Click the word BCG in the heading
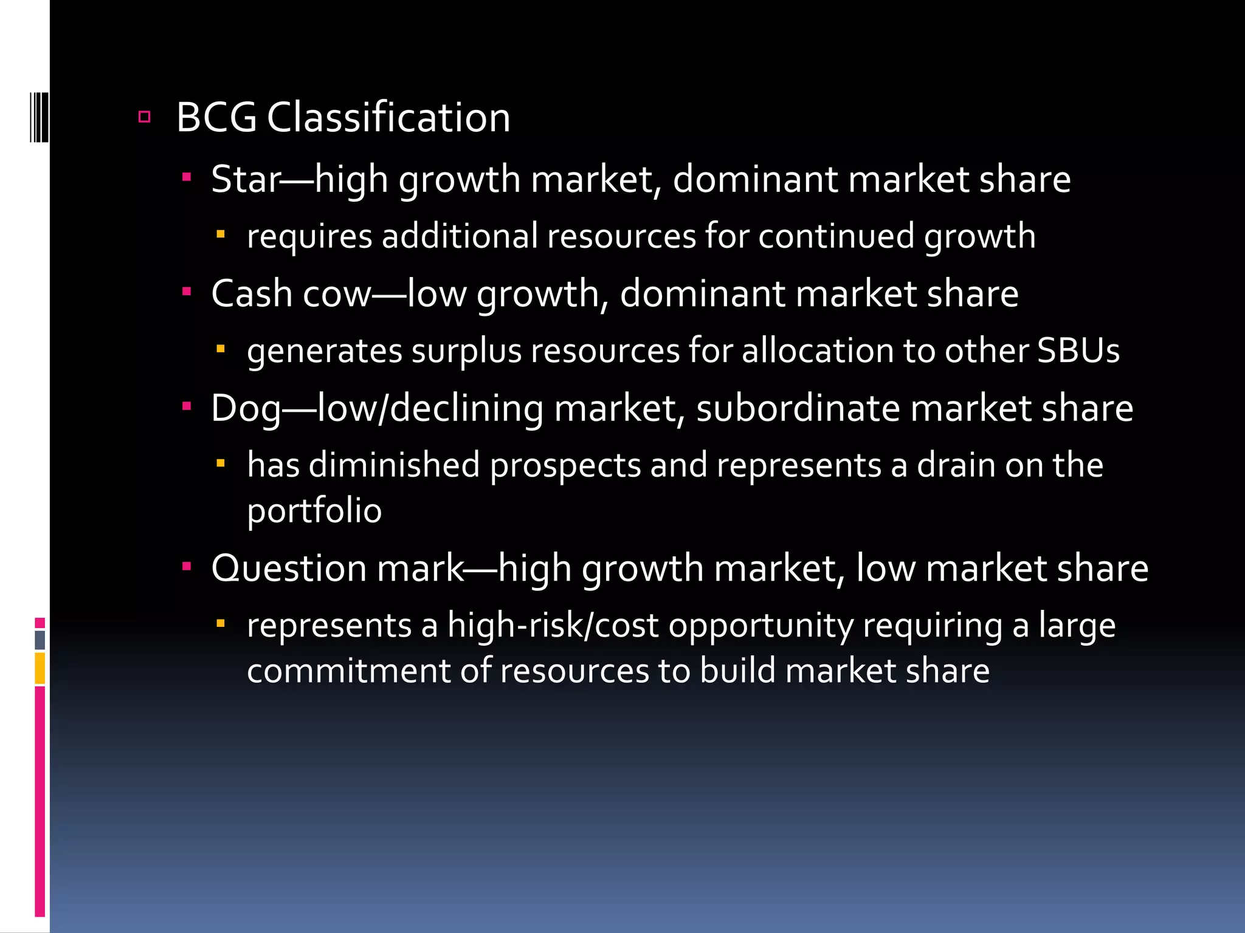coord(216,117)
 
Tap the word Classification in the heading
coord(388,117)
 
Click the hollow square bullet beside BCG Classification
coord(144,117)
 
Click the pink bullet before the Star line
coord(187,178)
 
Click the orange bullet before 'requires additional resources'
coord(221,234)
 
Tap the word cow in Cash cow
coord(336,294)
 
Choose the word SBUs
coord(1078,350)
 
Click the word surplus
coord(466,352)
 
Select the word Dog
coord(246,408)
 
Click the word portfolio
coord(314,510)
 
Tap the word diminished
coord(395,465)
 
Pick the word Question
coord(289,569)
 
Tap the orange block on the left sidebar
coord(40,668)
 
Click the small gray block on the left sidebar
coord(40,640)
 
